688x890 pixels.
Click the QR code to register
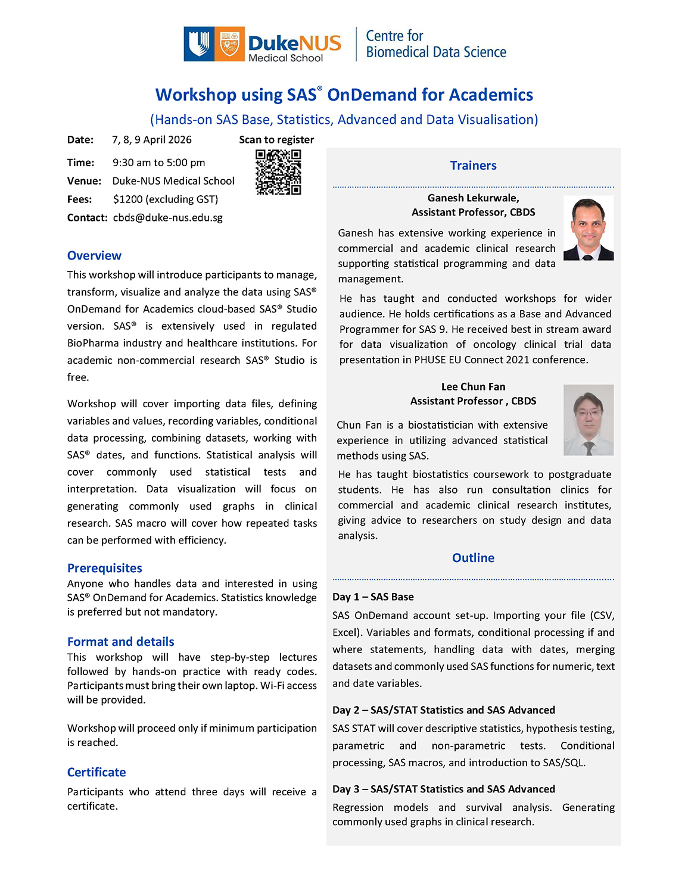[278, 172]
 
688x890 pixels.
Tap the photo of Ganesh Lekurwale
[588, 228]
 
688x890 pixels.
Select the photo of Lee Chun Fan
[588, 420]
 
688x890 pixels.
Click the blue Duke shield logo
[199, 44]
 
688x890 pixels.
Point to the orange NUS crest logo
[229, 44]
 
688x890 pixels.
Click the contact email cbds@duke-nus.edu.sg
[167, 217]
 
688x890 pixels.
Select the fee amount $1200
[129, 199]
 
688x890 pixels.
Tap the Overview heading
[94, 255]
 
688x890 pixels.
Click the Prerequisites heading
[105, 568]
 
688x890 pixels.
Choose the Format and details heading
[120, 641]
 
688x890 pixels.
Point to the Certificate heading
[96, 772]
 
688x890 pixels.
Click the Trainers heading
[473, 165]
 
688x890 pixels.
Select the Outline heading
[473, 558]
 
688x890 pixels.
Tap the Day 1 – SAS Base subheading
[373, 597]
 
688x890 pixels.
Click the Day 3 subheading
[443, 789]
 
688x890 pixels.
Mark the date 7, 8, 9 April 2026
[152, 139]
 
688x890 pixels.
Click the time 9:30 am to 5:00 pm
[158, 163]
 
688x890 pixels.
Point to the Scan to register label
[276, 139]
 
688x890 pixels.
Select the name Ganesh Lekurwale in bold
[473, 198]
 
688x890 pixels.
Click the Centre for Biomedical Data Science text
[435, 44]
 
